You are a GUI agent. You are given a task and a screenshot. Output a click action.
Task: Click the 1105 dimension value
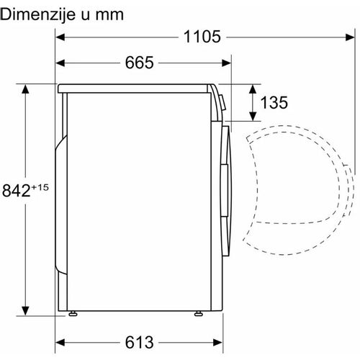click(202, 37)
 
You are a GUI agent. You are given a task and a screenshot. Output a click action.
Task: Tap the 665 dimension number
click(139, 63)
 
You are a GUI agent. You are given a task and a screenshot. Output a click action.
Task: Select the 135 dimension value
click(274, 102)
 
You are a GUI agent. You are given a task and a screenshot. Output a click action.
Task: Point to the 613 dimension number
click(139, 342)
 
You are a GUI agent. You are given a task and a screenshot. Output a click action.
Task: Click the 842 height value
click(17, 190)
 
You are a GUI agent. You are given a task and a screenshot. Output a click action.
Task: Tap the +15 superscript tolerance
click(40, 187)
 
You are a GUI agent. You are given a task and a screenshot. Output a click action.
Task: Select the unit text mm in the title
click(109, 16)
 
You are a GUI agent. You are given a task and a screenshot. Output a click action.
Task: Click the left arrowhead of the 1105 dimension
click(60, 37)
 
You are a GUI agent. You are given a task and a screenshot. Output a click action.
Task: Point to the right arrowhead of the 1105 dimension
click(350, 37)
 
